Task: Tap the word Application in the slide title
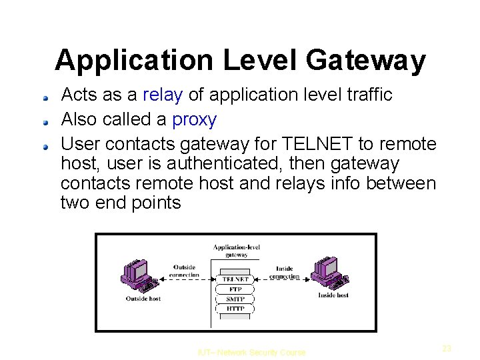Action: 134,61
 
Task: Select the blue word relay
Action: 163,95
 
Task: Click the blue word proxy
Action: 194,120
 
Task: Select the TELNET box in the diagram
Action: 235,279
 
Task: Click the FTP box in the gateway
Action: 235,289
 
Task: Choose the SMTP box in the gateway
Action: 235,299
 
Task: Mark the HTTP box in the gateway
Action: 235,309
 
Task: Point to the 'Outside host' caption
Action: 143,299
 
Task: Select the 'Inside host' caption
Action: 333,295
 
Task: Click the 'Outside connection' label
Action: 184,271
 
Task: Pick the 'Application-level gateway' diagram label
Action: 237,251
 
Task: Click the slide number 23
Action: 447,348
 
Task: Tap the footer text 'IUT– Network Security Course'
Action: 251,353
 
